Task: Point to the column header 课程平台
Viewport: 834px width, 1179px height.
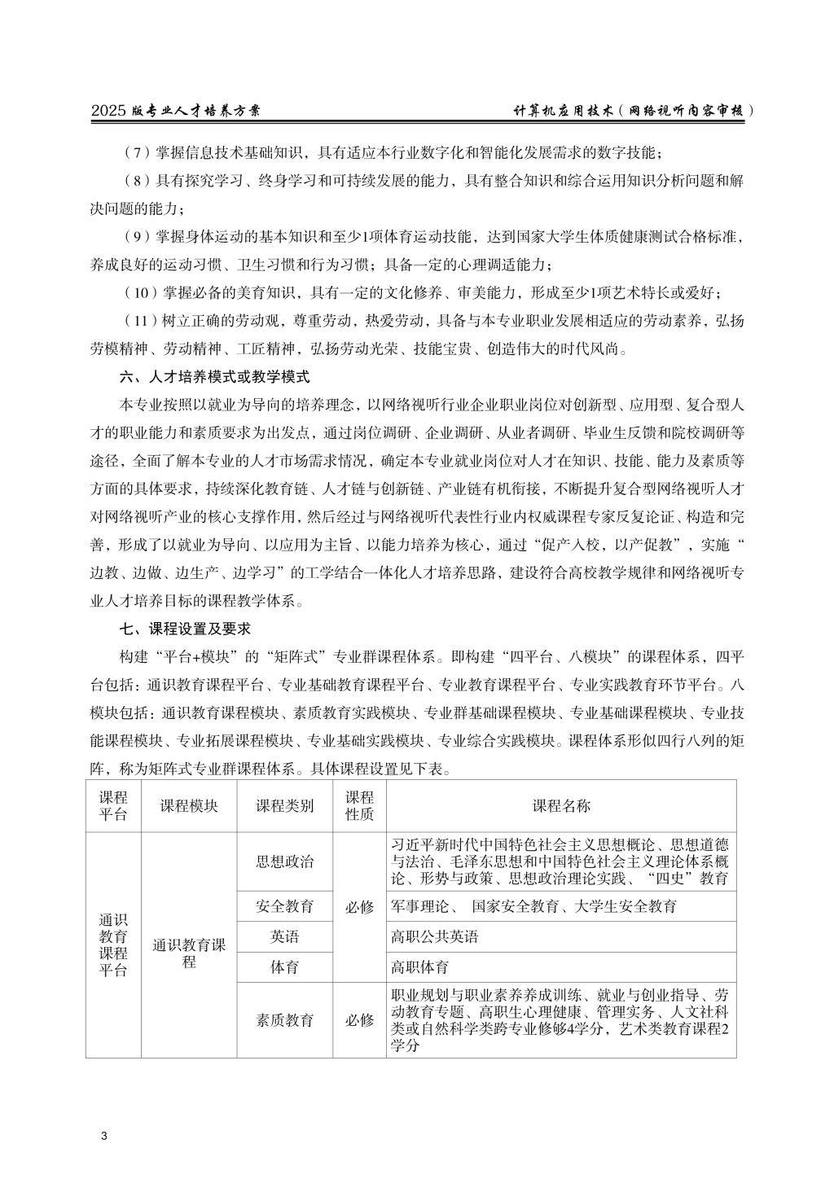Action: pyautogui.click(x=113, y=805)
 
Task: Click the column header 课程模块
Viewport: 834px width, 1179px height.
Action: pyautogui.click(x=189, y=805)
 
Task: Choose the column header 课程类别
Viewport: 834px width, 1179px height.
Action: pyautogui.click(x=284, y=805)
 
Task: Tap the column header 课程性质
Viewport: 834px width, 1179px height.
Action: pyautogui.click(x=359, y=805)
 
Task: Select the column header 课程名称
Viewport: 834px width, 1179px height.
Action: pyautogui.click(x=561, y=805)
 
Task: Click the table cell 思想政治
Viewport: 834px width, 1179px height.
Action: pyautogui.click(x=284, y=861)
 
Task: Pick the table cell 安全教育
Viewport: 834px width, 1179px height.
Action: pyautogui.click(x=284, y=906)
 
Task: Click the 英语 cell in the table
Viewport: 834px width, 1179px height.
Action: pyautogui.click(x=284, y=937)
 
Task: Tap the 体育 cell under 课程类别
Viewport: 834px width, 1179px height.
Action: pyautogui.click(x=284, y=967)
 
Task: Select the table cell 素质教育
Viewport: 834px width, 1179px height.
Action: pyautogui.click(x=284, y=1020)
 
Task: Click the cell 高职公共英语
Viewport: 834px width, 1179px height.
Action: pyautogui.click(x=434, y=937)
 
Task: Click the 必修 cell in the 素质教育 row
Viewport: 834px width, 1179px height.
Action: pyautogui.click(x=359, y=1020)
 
